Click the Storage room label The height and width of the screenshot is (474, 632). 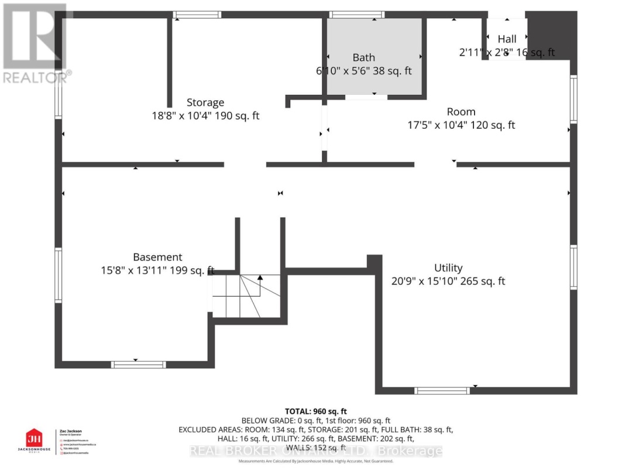(x=205, y=102)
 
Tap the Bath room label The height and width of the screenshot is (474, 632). (x=363, y=57)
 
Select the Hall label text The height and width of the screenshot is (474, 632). (x=507, y=39)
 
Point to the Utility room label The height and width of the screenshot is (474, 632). (x=448, y=267)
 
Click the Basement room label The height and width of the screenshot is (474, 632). (x=157, y=257)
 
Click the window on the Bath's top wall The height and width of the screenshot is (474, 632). (x=357, y=15)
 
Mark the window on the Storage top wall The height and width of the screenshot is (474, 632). (x=193, y=15)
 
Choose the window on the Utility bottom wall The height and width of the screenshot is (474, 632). (x=442, y=390)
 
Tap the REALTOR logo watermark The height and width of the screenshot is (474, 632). (x=35, y=44)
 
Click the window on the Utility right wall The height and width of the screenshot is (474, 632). (x=573, y=267)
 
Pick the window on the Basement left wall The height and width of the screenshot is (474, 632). (x=58, y=275)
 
